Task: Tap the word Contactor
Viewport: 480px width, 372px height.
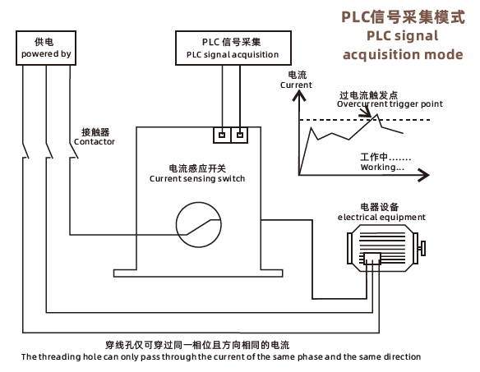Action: click(x=95, y=141)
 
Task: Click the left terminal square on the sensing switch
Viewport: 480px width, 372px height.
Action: click(x=222, y=135)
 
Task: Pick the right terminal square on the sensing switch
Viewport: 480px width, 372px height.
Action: click(x=240, y=135)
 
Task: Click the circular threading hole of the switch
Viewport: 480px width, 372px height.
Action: click(x=177, y=225)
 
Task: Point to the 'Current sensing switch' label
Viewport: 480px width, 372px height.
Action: click(x=197, y=178)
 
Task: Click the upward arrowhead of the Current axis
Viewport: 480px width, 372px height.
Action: click(x=299, y=95)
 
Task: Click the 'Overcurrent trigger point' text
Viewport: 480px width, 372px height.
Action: click(x=390, y=104)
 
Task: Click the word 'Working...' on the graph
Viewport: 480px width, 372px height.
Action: click(x=382, y=167)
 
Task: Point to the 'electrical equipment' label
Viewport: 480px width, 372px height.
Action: click(x=381, y=217)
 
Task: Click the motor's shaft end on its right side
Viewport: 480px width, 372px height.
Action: click(x=422, y=248)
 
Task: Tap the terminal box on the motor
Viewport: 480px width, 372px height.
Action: click(x=372, y=259)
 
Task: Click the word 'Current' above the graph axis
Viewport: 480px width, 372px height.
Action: click(x=296, y=85)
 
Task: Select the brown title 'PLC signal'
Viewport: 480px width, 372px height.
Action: click(x=403, y=36)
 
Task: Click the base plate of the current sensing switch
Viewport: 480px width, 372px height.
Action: click(x=198, y=273)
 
